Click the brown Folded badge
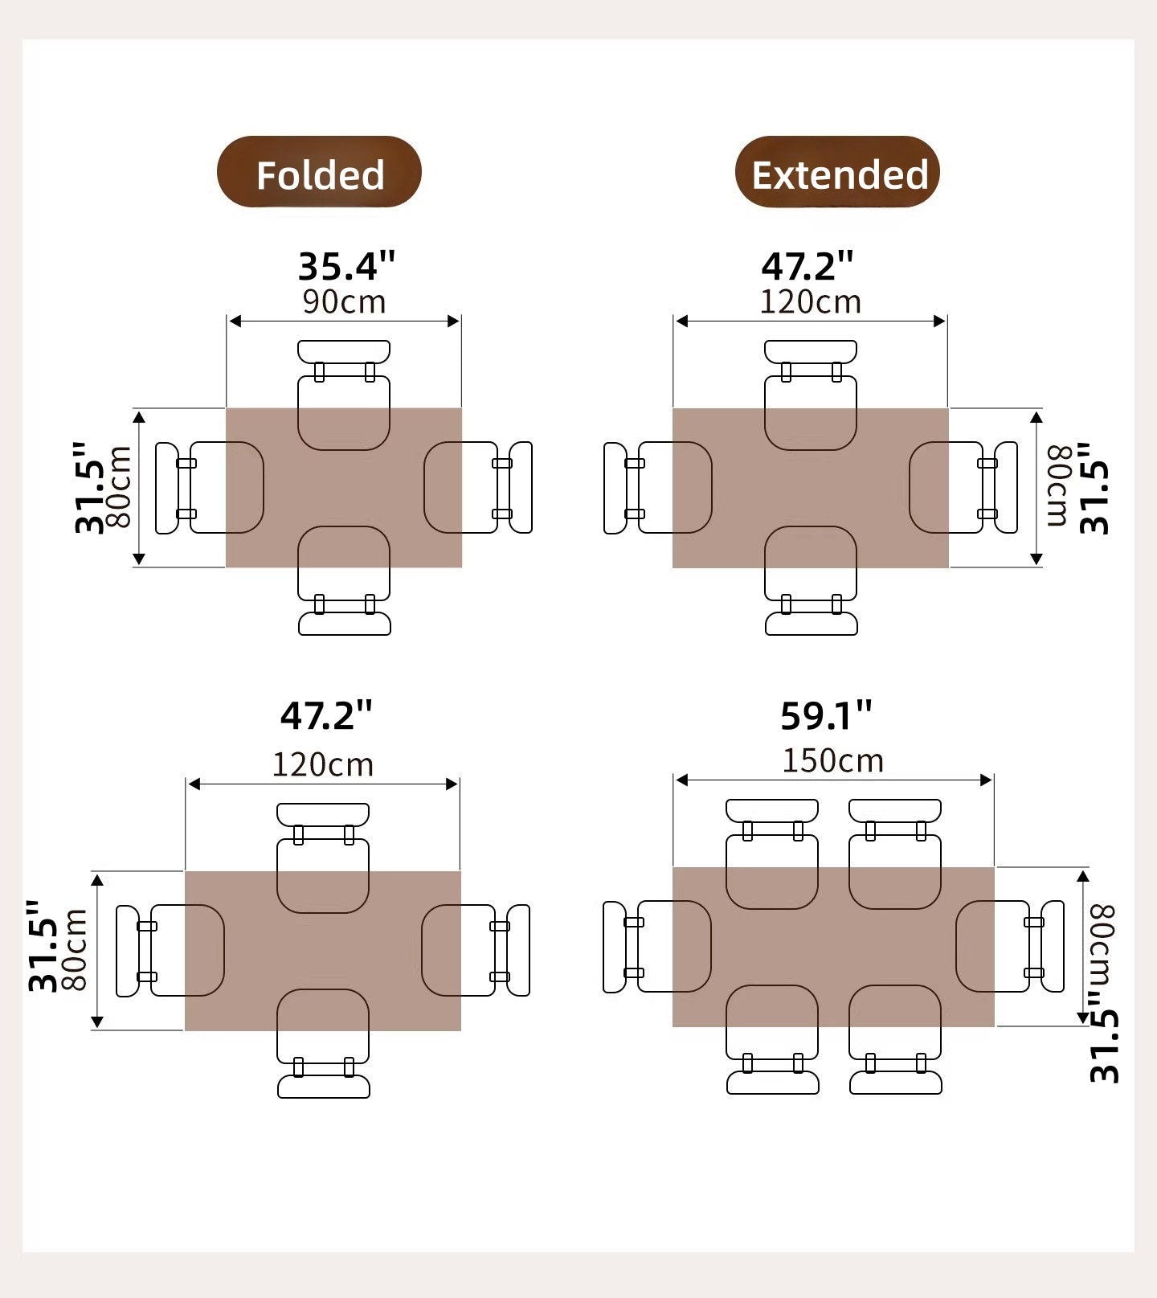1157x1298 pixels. tap(319, 172)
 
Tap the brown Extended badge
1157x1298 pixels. tap(837, 172)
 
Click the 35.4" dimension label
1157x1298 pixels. tap(347, 266)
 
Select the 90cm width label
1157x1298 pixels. tap(344, 302)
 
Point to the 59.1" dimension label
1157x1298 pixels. tap(826, 715)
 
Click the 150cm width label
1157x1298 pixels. tap(832, 760)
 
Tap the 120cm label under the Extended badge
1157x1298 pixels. tap(810, 302)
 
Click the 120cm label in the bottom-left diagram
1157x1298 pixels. tap(322, 764)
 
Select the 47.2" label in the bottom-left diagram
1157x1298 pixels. tap(326, 715)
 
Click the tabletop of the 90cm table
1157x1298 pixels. tap(344, 488)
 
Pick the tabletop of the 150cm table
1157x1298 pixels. tap(833, 947)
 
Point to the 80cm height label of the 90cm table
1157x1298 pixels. tap(120, 488)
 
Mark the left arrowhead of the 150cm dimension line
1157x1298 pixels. tap(681, 780)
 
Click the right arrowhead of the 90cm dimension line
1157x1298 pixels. tap(454, 321)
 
